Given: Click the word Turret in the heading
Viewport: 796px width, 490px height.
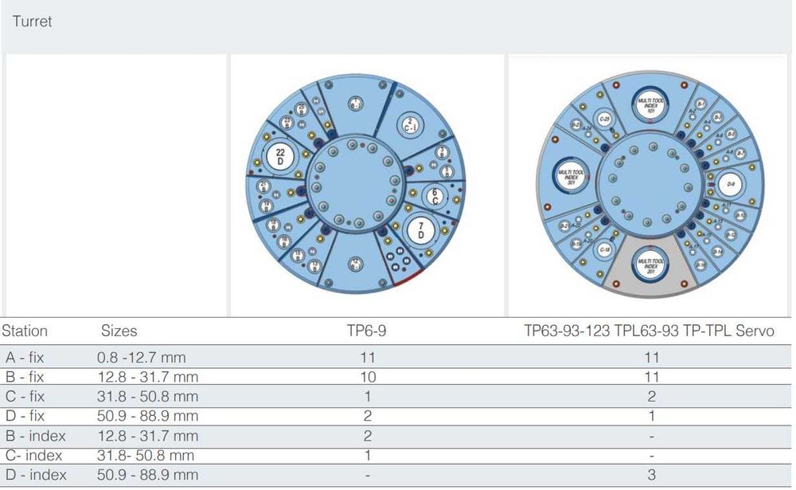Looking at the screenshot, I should click(x=32, y=22).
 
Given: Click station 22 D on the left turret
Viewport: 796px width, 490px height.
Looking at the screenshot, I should click(x=280, y=155).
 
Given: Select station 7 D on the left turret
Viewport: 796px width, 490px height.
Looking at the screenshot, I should click(x=420, y=231).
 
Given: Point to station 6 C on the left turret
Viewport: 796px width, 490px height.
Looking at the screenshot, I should click(x=435, y=195).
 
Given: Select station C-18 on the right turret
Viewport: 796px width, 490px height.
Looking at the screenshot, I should click(x=603, y=249).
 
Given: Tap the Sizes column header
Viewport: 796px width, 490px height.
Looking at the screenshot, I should click(x=119, y=331).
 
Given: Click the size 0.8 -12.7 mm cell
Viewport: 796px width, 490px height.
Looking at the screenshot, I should click(x=141, y=358).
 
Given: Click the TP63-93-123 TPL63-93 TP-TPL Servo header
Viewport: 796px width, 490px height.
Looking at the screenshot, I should click(x=648, y=331).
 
